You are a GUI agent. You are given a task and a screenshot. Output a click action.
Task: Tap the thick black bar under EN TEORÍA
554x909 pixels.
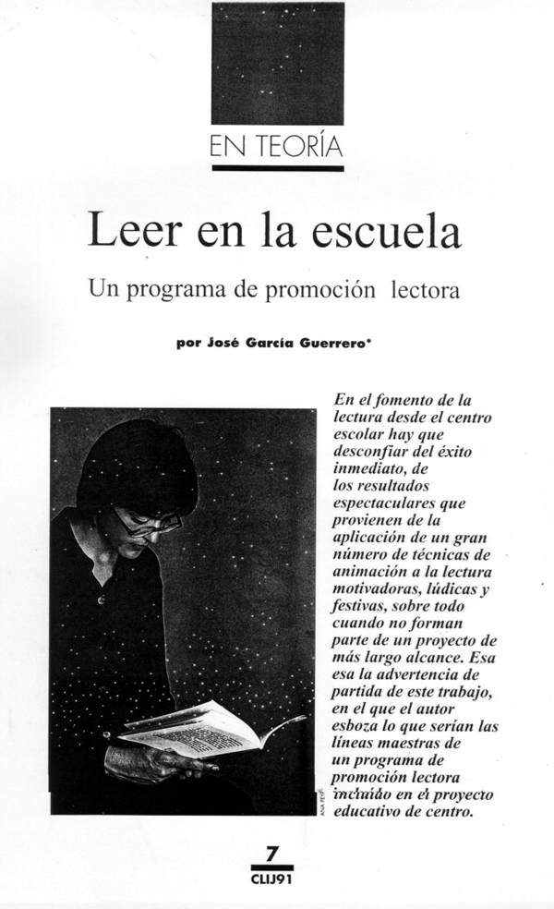[x=277, y=169]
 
